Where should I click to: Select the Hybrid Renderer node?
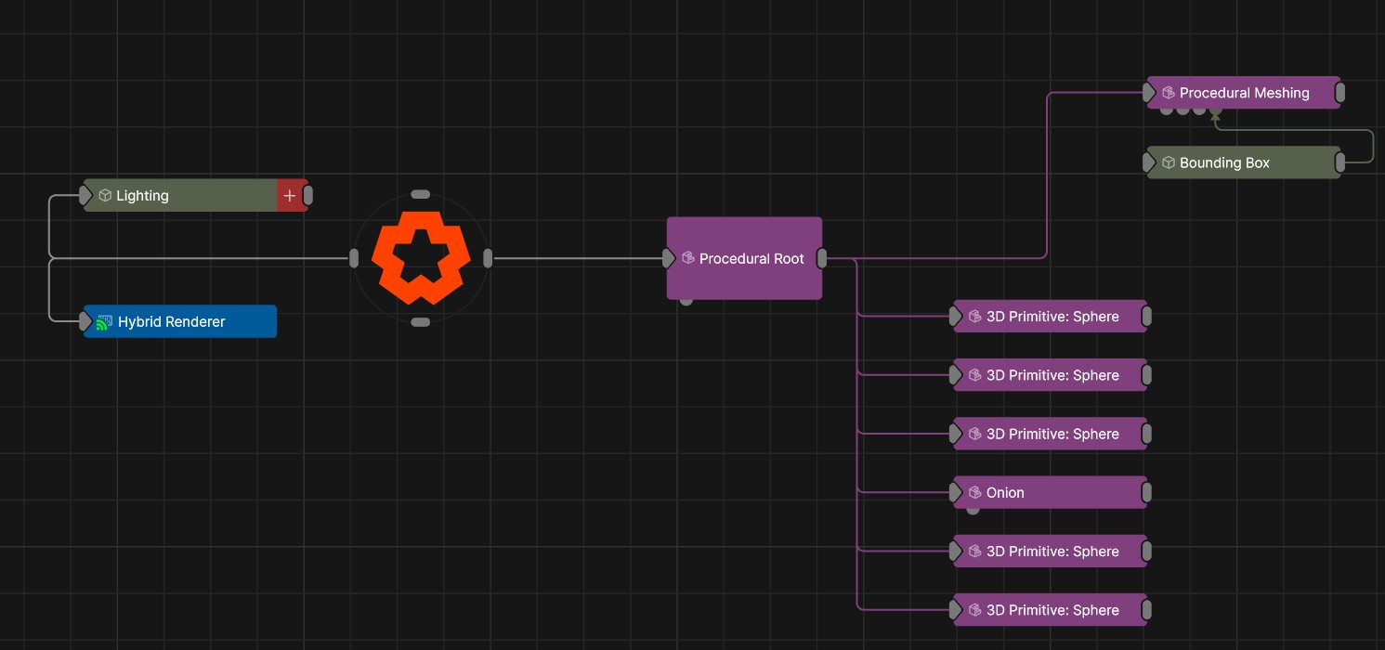(x=180, y=321)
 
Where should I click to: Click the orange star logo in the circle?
(x=421, y=257)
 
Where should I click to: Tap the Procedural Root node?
(x=744, y=258)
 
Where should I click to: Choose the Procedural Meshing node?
(x=1244, y=93)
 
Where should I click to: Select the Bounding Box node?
(x=1244, y=162)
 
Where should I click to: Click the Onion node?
(x=1050, y=492)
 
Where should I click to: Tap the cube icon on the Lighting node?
(x=105, y=195)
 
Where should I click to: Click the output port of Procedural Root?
(x=822, y=258)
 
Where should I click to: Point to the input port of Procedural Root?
(x=668, y=258)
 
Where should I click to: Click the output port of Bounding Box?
(x=1339, y=162)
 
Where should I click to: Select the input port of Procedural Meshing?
(x=1148, y=93)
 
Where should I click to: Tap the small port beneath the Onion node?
(x=973, y=511)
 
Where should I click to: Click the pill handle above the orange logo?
(x=421, y=195)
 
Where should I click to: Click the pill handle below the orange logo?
(x=421, y=322)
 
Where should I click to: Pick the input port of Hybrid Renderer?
(x=85, y=321)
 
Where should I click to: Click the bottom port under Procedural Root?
(x=686, y=302)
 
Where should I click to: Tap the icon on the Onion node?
(x=975, y=492)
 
